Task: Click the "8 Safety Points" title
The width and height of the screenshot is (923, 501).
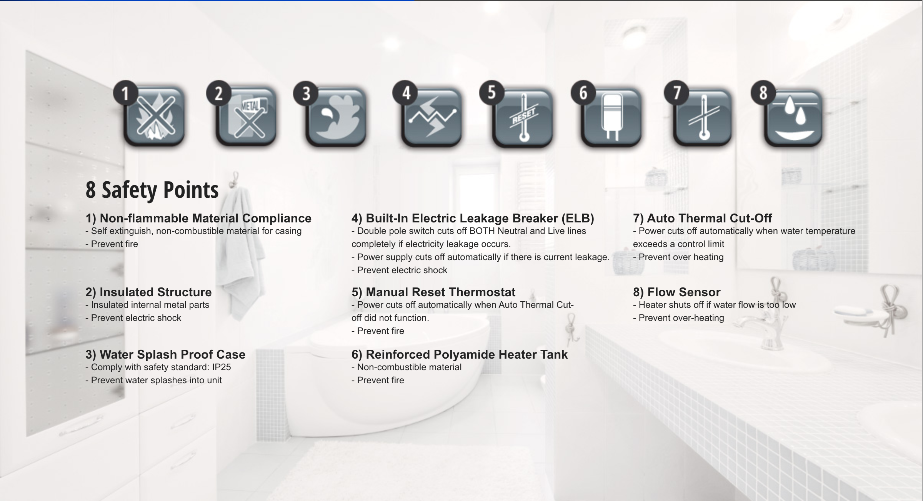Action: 152,190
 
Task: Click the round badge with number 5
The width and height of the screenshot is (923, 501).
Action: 491,93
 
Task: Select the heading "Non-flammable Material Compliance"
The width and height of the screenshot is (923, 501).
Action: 205,218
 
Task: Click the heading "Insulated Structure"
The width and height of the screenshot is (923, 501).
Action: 155,292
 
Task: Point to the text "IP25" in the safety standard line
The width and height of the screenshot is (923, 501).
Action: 222,367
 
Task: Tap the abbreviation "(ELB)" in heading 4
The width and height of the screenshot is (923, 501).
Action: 578,218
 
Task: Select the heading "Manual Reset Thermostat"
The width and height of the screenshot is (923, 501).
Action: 440,292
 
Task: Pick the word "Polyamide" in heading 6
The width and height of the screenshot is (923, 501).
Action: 466,354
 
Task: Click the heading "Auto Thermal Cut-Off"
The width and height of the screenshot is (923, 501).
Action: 709,218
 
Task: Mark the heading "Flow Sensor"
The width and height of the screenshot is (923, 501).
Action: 684,292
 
